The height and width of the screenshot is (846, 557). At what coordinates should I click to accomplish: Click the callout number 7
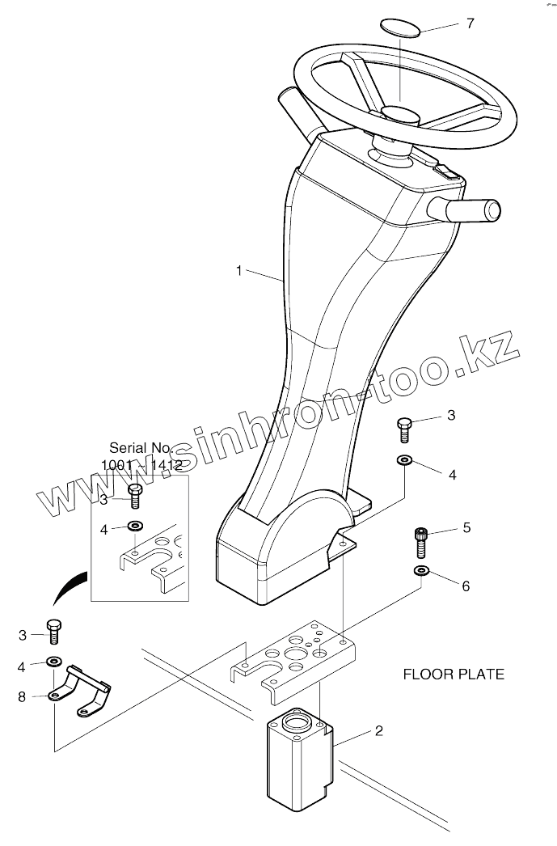point(470,23)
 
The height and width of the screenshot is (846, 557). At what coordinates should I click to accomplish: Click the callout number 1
point(238,271)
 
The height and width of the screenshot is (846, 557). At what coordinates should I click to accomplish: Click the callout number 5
point(466,528)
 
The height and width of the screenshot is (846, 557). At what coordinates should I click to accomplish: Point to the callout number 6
point(466,586)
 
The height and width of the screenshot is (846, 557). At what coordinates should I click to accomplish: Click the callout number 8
point(22,696)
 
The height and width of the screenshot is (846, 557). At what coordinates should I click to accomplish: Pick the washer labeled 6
point(421,572)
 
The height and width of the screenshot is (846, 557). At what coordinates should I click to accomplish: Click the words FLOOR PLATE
point(454,674)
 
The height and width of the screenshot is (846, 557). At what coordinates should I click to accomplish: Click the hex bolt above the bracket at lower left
point(53,631)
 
